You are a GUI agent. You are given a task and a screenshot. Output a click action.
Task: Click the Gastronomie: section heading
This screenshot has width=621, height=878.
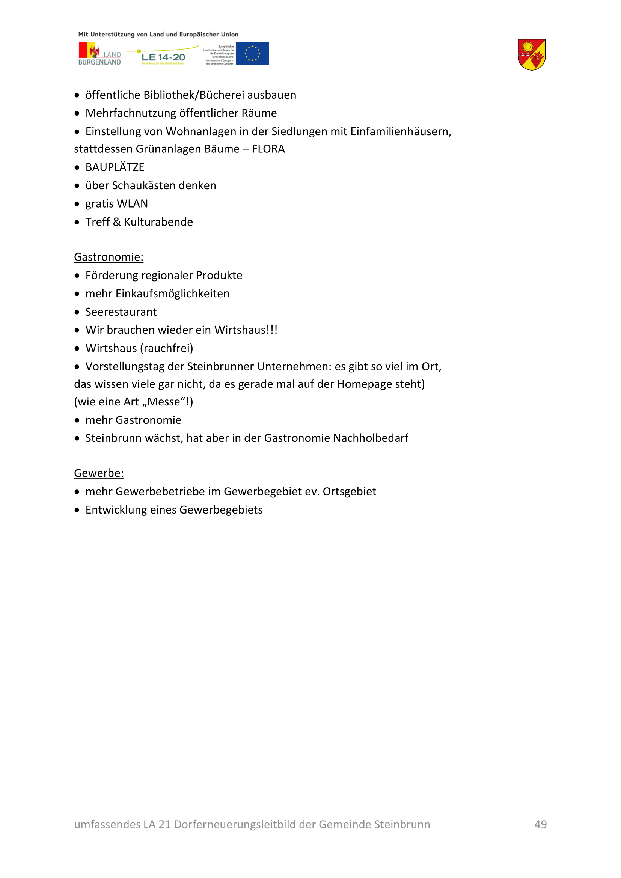109,257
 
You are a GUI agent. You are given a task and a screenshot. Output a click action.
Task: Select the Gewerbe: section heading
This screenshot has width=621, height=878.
99,473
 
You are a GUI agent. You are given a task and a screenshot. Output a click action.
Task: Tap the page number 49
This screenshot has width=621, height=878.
540,824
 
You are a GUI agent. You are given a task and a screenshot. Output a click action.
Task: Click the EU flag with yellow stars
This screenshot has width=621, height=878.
252,54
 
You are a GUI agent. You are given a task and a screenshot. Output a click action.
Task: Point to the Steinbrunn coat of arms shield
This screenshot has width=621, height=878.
532,54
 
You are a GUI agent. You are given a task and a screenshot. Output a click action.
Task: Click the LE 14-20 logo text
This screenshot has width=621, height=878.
163,57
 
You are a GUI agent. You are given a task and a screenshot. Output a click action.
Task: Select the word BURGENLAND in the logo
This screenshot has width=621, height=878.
99,62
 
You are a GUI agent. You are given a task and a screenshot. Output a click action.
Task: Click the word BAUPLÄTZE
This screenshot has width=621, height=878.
115,167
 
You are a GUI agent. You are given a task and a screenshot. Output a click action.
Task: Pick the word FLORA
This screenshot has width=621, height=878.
268,149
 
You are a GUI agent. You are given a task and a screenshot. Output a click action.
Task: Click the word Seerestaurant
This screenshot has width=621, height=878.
121,312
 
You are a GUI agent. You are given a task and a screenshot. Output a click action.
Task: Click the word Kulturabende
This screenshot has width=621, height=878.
158,222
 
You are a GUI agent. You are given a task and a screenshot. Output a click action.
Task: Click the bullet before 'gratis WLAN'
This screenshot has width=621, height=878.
77,204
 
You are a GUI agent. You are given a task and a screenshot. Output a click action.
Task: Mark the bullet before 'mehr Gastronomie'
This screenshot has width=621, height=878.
77,420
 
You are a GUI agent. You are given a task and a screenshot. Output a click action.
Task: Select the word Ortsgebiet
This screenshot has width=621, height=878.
349,491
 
